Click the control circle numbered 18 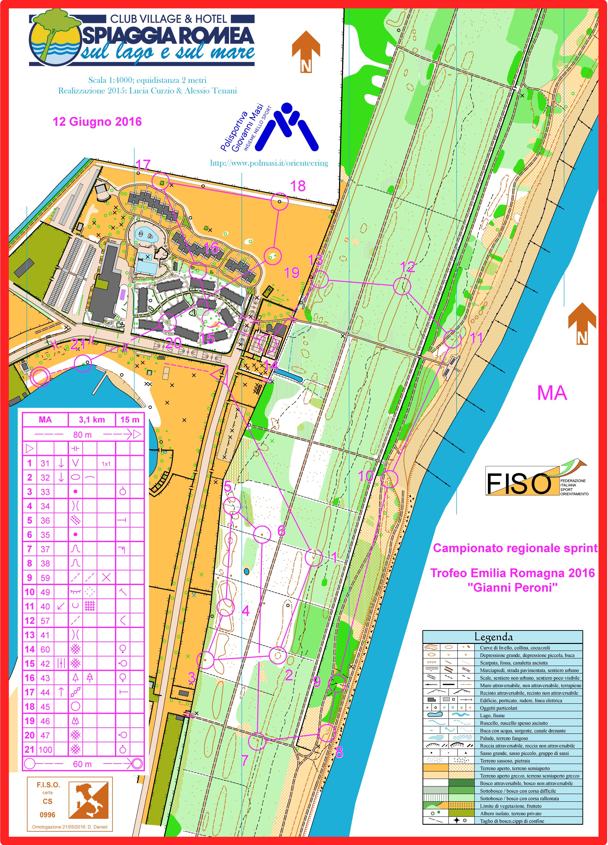279,202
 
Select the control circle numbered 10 390,479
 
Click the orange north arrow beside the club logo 306,51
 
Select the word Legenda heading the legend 493,637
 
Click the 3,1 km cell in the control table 92,420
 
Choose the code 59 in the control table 45,578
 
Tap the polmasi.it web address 269,163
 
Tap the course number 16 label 211,248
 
